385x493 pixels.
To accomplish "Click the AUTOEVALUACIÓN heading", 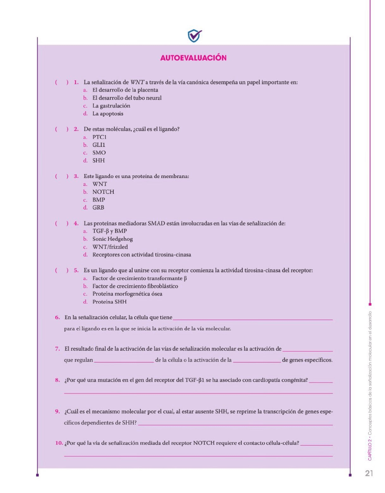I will [193, 58].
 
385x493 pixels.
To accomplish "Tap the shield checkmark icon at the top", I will [194, 36].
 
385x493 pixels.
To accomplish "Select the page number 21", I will [369, 473].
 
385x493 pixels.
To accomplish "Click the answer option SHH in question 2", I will [98, 160].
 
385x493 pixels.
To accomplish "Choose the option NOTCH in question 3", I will [103, 192].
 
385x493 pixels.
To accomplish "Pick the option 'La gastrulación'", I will [111, 106].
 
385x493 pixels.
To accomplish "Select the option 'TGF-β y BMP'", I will [109, 231].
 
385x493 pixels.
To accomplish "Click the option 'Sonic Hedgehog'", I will [112, 239].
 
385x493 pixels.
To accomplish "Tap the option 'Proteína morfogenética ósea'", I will [127, 294].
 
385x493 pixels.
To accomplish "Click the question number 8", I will [57, 380].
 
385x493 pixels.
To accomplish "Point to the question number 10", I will [59, 443].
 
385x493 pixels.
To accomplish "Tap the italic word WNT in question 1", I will [137, 82].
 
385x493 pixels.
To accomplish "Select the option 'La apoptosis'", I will [108, 114].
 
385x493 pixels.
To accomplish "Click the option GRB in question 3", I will [98, 207].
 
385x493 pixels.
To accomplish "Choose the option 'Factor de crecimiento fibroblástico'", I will [135, 286].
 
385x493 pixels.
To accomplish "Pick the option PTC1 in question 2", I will [99, 137].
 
